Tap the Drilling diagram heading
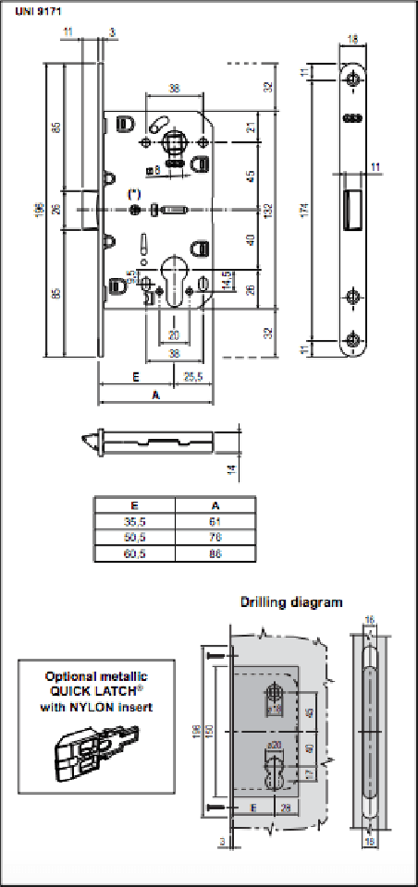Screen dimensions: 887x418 (x=291, y=601)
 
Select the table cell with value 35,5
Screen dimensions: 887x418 (x=135, y=521)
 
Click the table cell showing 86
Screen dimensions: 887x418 (x=214, y=554)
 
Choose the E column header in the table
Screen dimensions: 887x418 (x=135, y=505)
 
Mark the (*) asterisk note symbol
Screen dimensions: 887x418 (x=134, y=195)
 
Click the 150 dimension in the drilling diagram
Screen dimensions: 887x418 (x=209, y=730)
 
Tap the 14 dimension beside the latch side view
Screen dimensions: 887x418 (x=233, y=468)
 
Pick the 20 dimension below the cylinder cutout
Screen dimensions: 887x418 (x=174, y=334)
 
